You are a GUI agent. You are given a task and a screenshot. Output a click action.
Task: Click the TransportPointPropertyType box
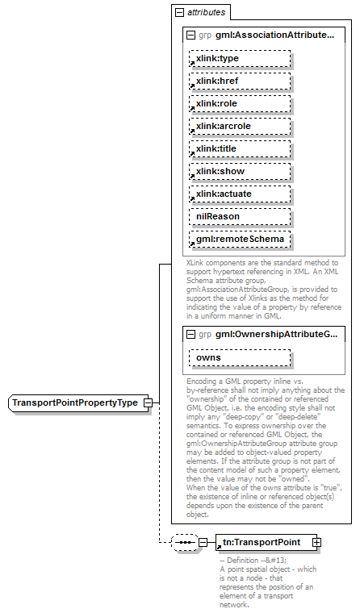(74, 402)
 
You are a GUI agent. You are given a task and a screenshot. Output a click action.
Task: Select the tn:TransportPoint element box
(261, 543)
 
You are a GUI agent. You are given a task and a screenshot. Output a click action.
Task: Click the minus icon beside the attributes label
(178, 14)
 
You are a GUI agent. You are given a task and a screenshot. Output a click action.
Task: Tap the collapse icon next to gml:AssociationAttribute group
(191, 36)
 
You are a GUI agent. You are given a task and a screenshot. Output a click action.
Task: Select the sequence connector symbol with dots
(185, 543)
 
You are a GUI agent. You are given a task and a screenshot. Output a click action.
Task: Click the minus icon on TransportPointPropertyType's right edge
(147, 402)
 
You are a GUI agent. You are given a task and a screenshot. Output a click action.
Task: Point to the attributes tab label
(206, 14)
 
